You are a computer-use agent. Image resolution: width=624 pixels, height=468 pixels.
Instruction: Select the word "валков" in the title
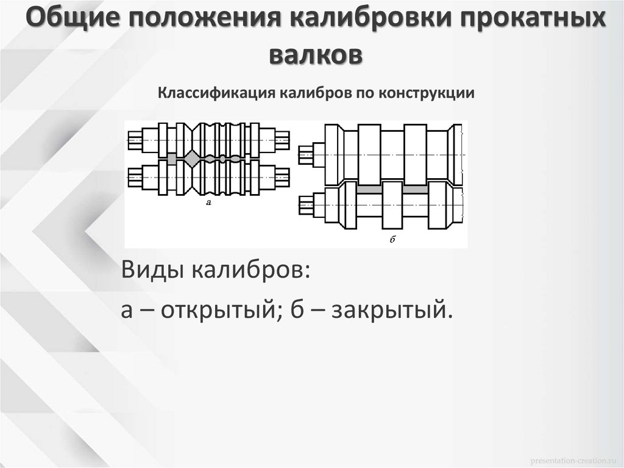315,54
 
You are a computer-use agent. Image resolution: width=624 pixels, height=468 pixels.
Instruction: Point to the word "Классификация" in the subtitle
218,93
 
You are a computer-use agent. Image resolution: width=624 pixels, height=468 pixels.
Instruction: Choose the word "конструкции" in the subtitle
426,93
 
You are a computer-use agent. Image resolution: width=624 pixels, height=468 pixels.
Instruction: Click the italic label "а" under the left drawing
208,203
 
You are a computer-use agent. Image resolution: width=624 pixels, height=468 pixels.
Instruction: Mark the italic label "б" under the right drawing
391,240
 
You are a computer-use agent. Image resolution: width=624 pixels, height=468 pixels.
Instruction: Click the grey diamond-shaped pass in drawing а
192,158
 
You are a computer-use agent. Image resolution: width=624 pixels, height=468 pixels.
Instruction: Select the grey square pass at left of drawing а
172,158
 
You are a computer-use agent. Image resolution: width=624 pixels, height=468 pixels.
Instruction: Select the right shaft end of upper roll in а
282,140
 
